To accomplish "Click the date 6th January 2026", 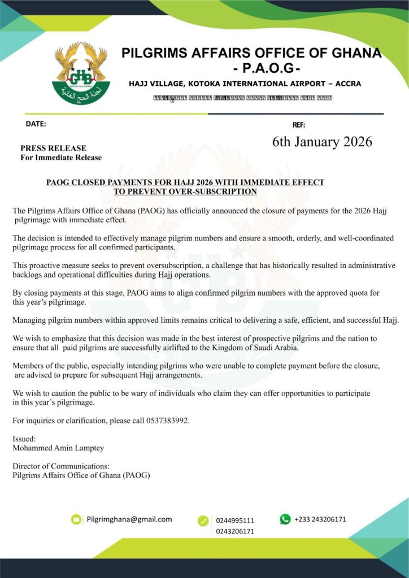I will click(322, 142).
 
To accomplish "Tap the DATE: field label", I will click(36, 124).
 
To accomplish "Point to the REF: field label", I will click(298, 125).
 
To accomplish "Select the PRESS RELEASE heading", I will click(53, 148).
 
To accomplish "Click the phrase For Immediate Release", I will click(61, 157).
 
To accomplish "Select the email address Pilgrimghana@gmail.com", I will click(129, 519).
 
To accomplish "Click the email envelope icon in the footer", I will click(76, 519).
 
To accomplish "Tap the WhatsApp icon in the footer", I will click(285, 519).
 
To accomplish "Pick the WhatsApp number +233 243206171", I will click(320, 519).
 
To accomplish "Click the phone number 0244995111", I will click(235, 520).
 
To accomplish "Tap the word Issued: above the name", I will click(24, 439).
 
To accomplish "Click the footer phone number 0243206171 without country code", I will click(235, 531).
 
